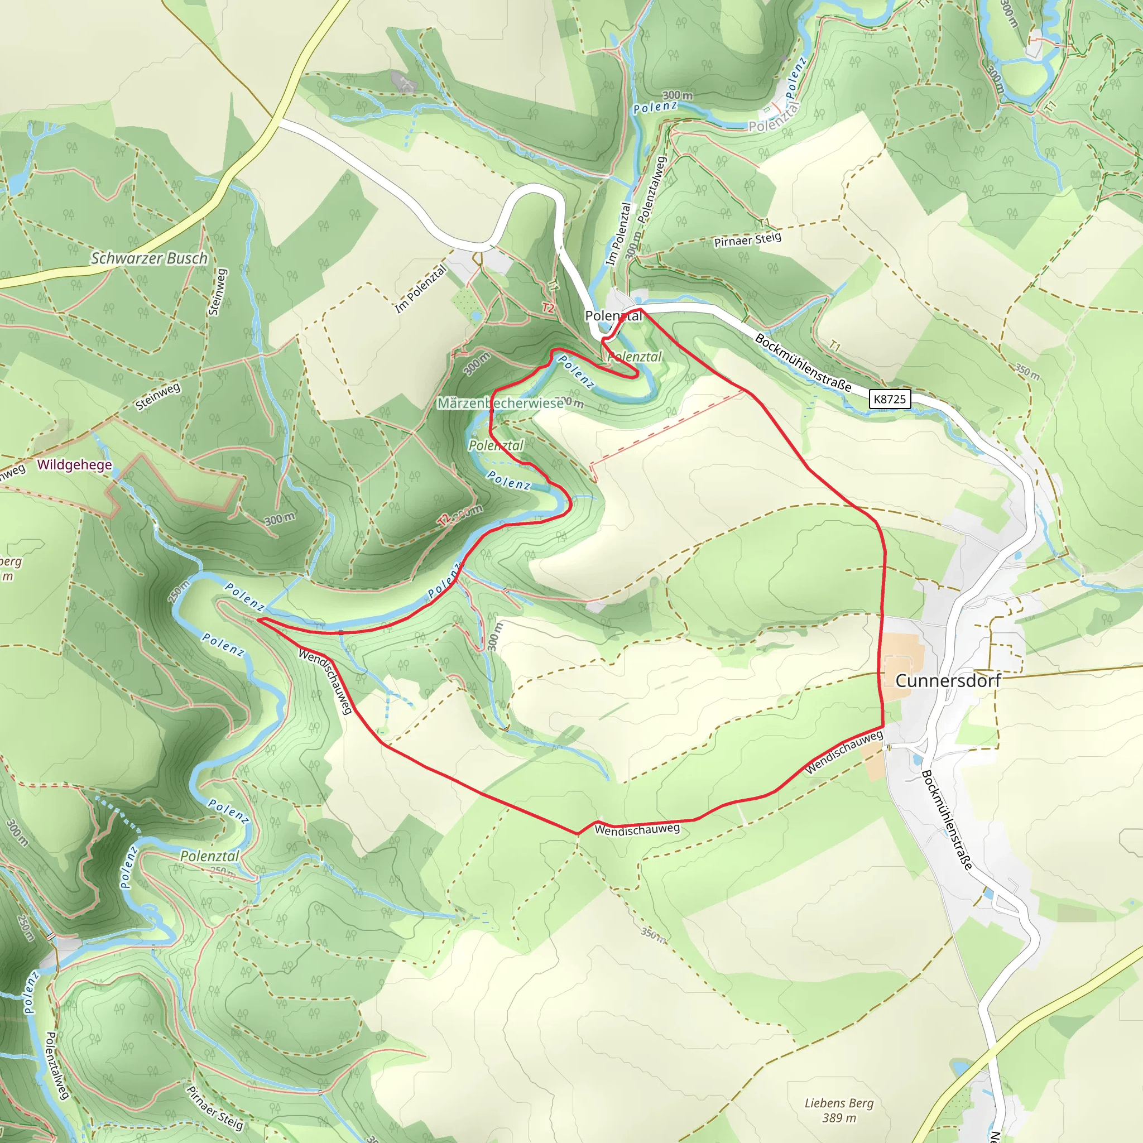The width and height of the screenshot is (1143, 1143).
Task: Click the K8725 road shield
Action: click(889, 398)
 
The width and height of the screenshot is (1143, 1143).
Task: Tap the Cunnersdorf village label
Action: click(948, 680)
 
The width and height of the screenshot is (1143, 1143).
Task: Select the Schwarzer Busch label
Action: click(149, 258)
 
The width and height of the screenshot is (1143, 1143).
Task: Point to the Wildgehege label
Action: click(75, 464)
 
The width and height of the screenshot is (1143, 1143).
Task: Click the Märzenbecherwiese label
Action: click(501, 403)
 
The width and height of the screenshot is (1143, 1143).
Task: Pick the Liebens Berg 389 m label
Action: click(839, 1110)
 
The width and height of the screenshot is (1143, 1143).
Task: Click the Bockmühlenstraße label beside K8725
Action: click(803, 363)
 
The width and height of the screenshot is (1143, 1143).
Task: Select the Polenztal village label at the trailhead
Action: click(613, 316)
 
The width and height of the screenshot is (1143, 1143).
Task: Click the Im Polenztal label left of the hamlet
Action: click(421, 289)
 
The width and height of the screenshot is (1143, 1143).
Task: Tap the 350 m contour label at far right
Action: click(1027, 372)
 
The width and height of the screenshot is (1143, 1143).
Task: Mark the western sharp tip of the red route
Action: click(258, 619)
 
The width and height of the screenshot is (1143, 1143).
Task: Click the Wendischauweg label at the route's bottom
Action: click(637, 829)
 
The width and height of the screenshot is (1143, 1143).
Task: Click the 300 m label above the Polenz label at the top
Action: click(678, 95)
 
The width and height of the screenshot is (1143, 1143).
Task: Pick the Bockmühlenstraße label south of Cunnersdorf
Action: click(947, 820)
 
